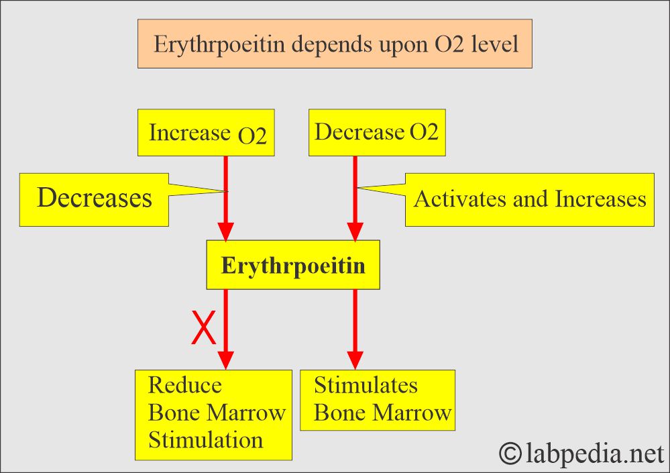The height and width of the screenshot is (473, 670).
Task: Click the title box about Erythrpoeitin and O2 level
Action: pos(335,44)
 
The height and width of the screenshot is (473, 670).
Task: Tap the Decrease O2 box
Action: pos(376,132)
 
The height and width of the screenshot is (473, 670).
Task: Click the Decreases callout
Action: pos(95,199)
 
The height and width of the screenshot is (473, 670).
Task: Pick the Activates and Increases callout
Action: pos(529,199)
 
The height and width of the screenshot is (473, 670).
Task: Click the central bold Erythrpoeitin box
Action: pos(293,266)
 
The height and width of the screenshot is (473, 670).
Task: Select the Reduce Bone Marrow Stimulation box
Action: pos(214,414)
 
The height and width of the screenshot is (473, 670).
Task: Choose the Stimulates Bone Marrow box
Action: pos(378,399)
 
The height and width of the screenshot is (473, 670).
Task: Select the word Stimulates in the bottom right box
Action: pos(366,386)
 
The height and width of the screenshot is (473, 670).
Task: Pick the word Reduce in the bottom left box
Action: pos(184,386)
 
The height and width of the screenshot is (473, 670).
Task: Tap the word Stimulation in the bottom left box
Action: pos(205,440)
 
